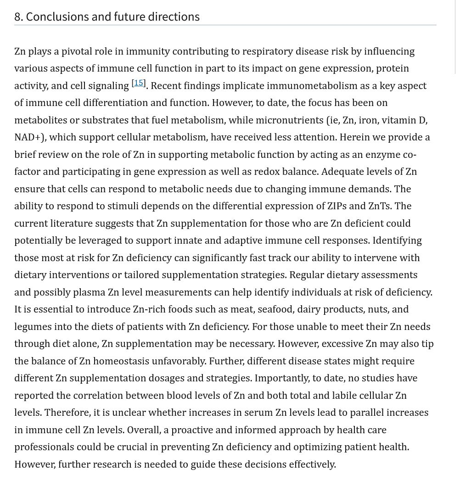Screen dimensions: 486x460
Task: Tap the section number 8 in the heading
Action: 18,17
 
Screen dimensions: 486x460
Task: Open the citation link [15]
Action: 139,83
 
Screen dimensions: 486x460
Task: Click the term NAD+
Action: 29,137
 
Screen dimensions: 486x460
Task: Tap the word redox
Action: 329,172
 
